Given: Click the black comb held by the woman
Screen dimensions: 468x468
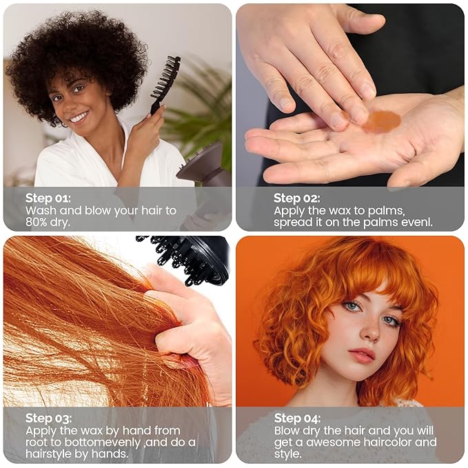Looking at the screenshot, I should coord(165,83).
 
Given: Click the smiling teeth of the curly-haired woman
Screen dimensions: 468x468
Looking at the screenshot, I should coord(79,116).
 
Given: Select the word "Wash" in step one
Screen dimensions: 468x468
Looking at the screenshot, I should coord(41,210).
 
